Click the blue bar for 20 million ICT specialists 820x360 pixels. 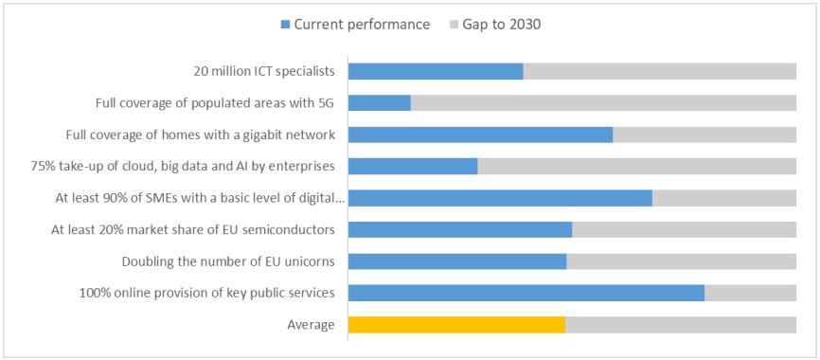click(436, 71)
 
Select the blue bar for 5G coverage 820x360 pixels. click(379, 102)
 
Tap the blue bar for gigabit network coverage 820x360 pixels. click(480, 135)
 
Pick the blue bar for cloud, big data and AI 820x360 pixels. click(413, 166)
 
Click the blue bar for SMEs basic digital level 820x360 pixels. click(500, 198)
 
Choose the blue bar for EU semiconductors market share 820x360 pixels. click(460, 229)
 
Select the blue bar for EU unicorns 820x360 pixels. click(457, 261)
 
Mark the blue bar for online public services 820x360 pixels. click(526, 293)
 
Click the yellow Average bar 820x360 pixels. click(456, 325)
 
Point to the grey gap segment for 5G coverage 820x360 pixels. click(603, 102)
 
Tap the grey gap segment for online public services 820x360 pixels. click(750, 293)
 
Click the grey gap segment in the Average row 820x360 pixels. click(680, 325)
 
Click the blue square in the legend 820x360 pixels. click(284, 24)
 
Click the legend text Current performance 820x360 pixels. click(362, 24)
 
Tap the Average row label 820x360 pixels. click(311, 325)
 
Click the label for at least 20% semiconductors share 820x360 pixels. click(195, 229)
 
